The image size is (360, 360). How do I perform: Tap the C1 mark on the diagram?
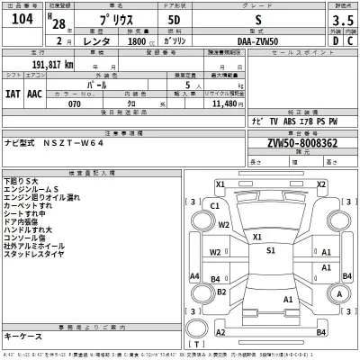[214, 205]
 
